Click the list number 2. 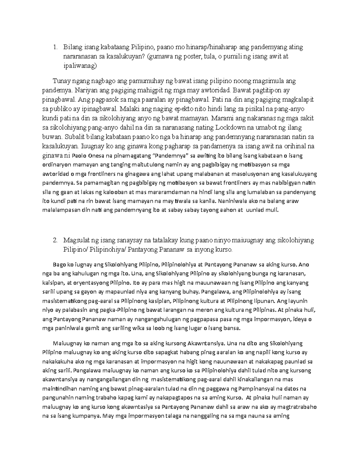pyautogui.click(x=54, y=241)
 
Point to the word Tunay pyautogui.click(x=61, y=81)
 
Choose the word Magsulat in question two pyautogui.click(x=76, y=241)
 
